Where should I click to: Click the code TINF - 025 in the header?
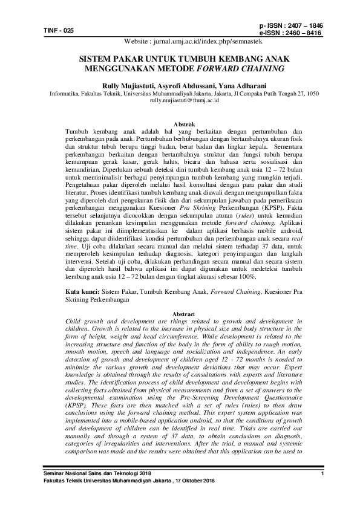[x=58, y=30]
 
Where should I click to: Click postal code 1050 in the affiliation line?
[x=313, y=94]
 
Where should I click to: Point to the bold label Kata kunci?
[x=83, y=292]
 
